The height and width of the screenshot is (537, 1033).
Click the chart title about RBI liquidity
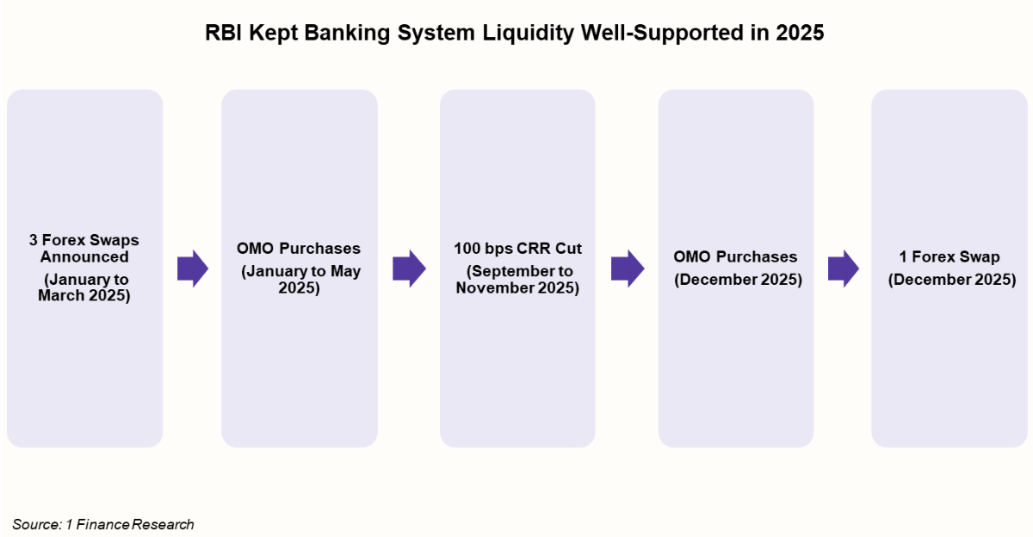(x=515, y=34)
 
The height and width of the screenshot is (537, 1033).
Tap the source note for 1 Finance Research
(x=103, y=524)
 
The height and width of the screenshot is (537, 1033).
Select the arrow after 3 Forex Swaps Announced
(x=193, y=268)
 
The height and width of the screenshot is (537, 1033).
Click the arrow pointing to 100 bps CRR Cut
(x=409, y=268)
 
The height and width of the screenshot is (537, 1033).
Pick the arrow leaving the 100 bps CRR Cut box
(x=628, y=268)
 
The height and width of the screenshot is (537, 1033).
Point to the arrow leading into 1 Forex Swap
(x=844, y=268)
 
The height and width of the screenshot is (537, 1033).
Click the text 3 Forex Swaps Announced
(x=84, y=248)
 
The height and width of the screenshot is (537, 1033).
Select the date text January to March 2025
(x=84, y=287)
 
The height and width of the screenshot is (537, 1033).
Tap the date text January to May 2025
(x=299, y=280)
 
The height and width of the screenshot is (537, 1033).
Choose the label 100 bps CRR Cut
(x=517, y=249)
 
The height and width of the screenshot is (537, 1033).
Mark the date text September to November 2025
(x=517, y=280)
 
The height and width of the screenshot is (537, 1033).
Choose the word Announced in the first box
(x=84, y=256)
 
